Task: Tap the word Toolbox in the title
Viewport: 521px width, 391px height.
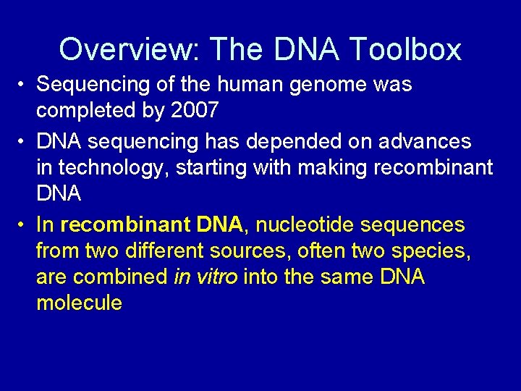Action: click(404, 49)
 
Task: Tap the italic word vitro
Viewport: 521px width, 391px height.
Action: click(216, 278)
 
